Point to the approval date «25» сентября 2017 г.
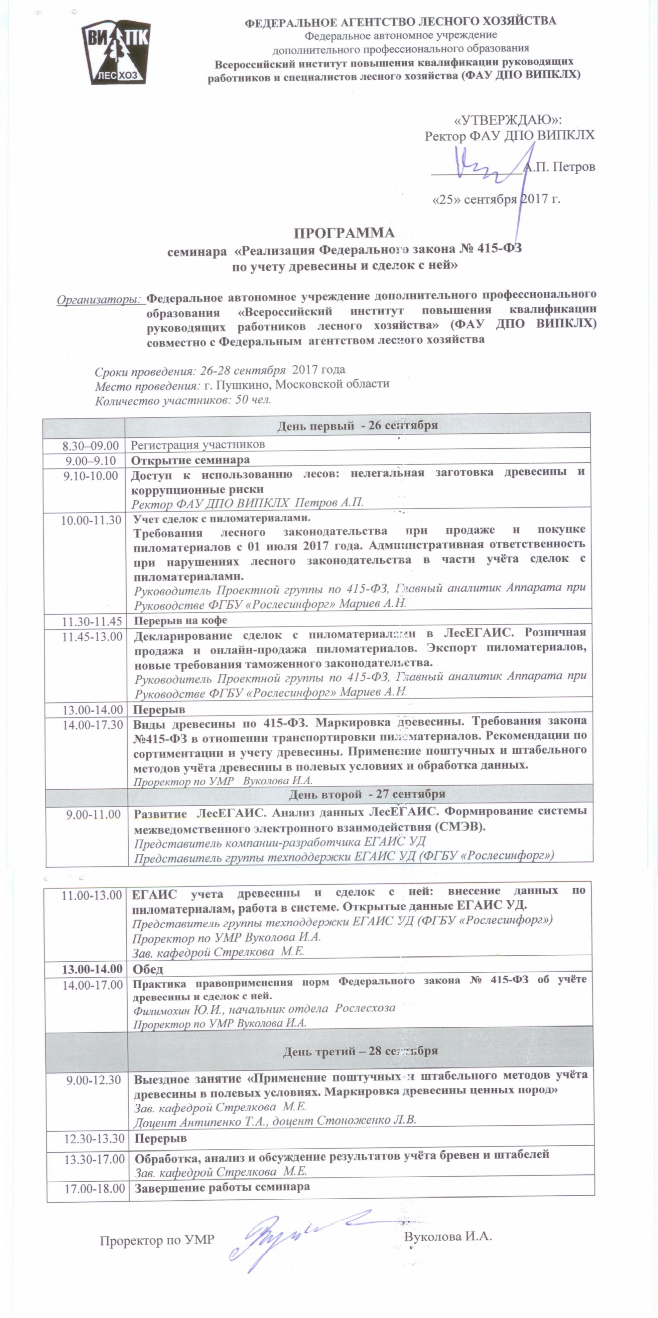point(496,199)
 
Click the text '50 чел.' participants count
point(253,400)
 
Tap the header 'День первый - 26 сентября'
point(357,425)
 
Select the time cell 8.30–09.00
point(90,446)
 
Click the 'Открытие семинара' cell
point(190,460)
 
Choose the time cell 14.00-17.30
point(93,724)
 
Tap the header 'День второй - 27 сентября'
point(367,794)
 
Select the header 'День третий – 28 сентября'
point(360,1051)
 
